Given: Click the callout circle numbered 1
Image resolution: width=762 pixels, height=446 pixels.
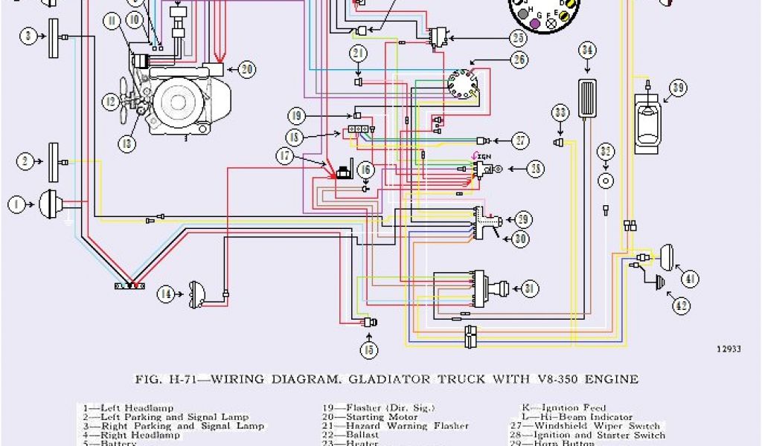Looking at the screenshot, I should tap(15, 202).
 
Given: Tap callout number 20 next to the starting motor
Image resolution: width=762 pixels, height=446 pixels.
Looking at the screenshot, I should tap(246, 69).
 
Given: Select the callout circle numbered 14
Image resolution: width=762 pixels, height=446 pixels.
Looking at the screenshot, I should tap(166, 294).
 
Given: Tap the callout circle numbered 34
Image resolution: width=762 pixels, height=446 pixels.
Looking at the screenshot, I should tap(587, 51).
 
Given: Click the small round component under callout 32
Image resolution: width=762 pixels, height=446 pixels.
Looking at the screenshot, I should tap(606, 181).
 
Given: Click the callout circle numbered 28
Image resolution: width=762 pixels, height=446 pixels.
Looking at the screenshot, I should tap(536, 169).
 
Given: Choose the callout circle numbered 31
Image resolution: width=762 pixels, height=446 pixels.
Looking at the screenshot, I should tap(529, 288).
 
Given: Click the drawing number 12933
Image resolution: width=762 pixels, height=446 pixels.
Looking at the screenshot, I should tap(729, 348).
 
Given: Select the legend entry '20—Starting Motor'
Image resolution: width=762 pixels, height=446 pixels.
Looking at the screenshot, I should tap(365, 417).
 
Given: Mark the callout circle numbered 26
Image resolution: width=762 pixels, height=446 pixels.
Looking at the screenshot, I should tap(519, 59).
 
